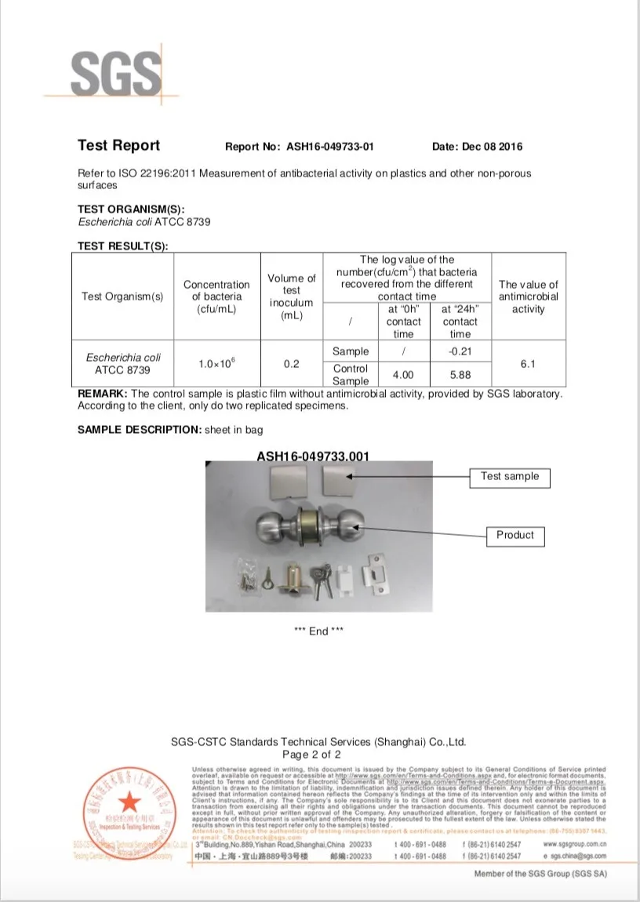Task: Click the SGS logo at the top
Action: coord(115,73)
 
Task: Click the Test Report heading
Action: coord(118,146)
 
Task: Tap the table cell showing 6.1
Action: coord(528,365)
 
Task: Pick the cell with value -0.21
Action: coord(460,351)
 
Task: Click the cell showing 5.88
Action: coord(460,375)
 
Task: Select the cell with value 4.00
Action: coord(403,375)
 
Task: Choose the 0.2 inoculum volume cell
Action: coord(290,365)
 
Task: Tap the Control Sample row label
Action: coord(350,374)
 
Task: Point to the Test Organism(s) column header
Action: coord(122,296)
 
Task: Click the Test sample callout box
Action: coord(510,477)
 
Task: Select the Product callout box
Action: coord(515,535)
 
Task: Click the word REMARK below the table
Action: coord(101,393)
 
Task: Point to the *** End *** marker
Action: coord(318,631)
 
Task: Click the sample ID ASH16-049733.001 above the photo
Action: coord(313,456)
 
